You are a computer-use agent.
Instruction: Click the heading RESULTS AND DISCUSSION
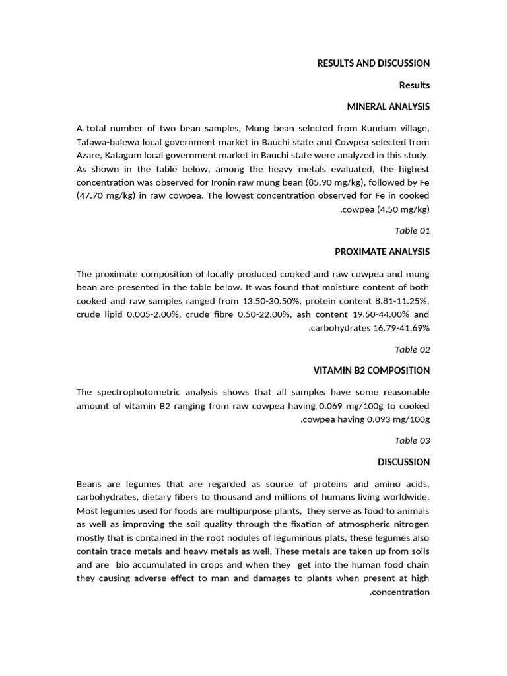(x=373, y=63)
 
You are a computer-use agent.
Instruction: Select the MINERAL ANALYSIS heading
(x=388, y=106)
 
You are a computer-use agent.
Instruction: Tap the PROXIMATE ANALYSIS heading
(x=382, y=252)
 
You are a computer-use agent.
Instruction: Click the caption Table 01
(x=412, y=230)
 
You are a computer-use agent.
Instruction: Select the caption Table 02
(x=412, y=349)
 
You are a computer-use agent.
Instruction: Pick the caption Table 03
(x=412, y=440)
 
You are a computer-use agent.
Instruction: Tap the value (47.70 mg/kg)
(x=105, y=196)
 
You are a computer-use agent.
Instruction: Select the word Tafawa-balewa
(x=106, y=141)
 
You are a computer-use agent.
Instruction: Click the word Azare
(x=88, y=155)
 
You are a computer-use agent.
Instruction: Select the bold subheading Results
(x=414, y=85)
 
